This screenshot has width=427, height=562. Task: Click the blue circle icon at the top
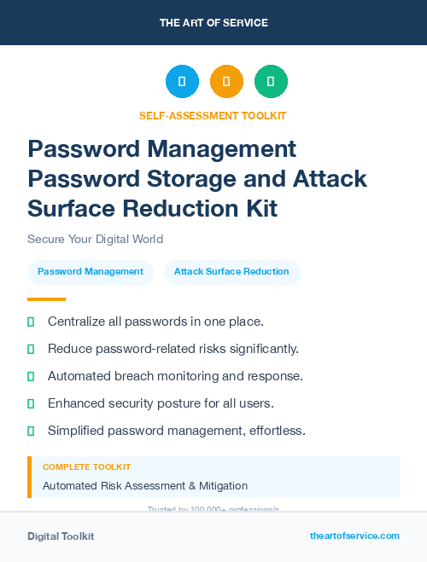(x=182, y=81)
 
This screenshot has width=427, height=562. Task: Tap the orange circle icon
(x=226, y=81)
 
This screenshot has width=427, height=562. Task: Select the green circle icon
(x=271, y=81)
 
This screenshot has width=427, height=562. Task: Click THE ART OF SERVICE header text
(x=213, y=22)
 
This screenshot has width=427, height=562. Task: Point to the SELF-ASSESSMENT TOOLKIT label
(x=213, y=115)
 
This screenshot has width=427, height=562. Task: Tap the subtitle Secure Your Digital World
(x=95, y=239)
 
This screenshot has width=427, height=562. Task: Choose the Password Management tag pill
(x=91, y=272)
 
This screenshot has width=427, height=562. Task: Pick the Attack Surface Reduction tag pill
(x=232, y=272)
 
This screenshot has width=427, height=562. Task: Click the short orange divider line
(x=46, y=299)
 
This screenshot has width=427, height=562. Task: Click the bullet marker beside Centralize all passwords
(x=31, y=322)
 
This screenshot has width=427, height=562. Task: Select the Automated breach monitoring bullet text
(x=175, y=376)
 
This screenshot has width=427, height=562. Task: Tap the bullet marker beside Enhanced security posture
(x=31, y=403)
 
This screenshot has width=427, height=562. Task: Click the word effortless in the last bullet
(x=278, y=431)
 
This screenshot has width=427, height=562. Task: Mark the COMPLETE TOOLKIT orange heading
(x=86, y=467)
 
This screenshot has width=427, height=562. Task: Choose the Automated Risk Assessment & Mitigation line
(x=145, y=486)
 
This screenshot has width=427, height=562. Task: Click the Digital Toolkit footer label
(x=61, y=536)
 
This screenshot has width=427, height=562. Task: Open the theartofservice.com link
(x=354, y=536)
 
